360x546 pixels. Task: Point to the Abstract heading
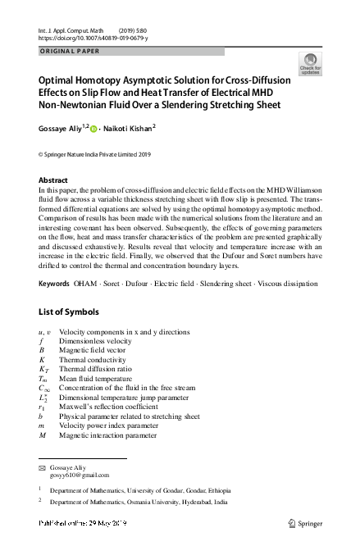pyautogui.click(x=55, y=180)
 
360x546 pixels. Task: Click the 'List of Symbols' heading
pyautogui.click(x=69, y=312)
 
